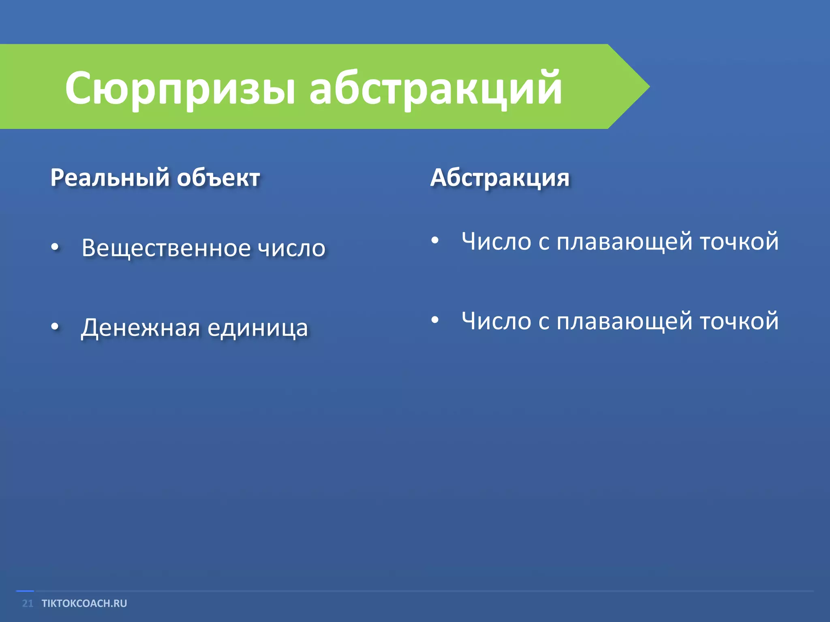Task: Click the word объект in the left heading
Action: (x=218, y=178)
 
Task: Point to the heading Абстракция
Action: (x=500, y=178)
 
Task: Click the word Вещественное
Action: (x=166, y=248)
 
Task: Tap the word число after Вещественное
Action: (x=292, y=248)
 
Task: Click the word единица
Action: (x=258, y=328)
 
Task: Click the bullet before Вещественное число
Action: (x=56, y=247)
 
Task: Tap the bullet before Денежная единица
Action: (x=56, y=326)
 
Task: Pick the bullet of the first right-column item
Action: (x=435, y=241)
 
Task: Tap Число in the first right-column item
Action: (x=496, y=242)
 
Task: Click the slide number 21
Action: (x=28, y=603)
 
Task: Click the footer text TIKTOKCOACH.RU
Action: (x=84, y=603)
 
